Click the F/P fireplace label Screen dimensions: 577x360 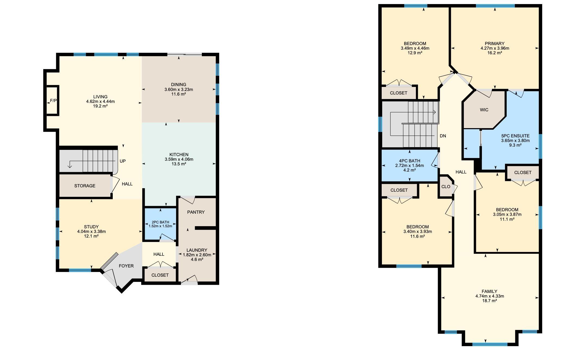[x=54, y=101]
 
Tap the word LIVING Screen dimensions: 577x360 [x=101, y=97]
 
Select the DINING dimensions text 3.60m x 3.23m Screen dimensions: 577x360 [x=179, y=89]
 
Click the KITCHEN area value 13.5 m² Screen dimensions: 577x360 [x=179, y=164]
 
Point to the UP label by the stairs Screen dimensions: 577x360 [x=123, y=161]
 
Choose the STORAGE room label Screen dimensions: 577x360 [x=85, y=186]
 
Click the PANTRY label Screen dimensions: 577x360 [x=196, y=212]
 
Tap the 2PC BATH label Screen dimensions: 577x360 [x=160, y=222]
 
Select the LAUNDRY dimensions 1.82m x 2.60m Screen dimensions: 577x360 [x=197, y=255]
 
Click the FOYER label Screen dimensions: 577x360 [x=126, y=266]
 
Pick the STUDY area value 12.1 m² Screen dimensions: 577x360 [x=91, y=236]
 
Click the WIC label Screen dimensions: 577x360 [x=484, y=110]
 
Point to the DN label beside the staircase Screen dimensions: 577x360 [x=443, y=136]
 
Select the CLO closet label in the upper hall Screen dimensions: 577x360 [x=446, y=187]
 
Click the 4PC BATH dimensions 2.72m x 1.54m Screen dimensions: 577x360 [x=409, y=165]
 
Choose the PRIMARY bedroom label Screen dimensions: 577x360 [x=495, y=43]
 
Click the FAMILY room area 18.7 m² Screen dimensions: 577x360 [x=490, y=301]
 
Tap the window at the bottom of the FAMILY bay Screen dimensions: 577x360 [x=490, y=344]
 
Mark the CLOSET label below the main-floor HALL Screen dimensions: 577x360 [x=160, y=275]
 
